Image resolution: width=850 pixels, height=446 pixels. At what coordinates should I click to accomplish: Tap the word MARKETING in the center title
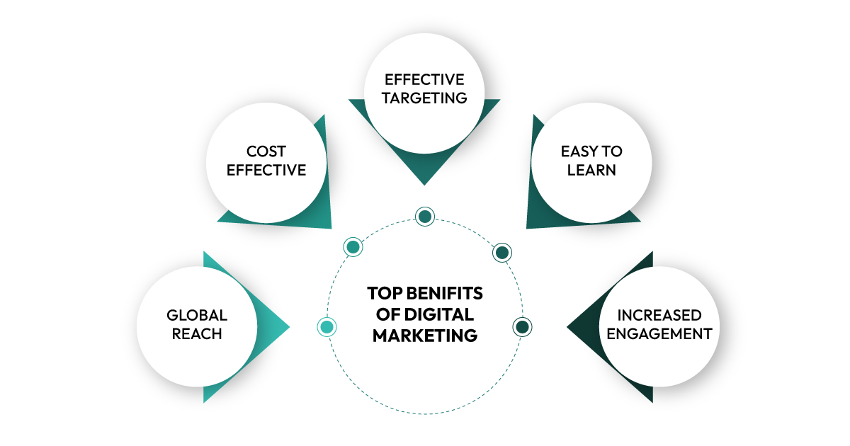pyautogui.click(x=425, y=335)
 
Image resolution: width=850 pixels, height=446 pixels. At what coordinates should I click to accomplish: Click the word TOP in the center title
pyautogui.click(x=383, y=293)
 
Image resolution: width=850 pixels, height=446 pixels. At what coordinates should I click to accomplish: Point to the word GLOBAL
pyautogui.click(x=197, y=315)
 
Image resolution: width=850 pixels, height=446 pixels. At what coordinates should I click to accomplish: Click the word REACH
pyautogui.click(x=197, y=333)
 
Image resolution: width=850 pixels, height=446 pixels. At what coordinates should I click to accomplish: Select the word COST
pyautogui.click(x=266, y=151)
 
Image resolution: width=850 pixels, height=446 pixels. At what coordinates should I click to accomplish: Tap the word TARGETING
pyautogui.click(x=425, y=98)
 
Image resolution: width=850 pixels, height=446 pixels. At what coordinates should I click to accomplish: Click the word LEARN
pyautogui.click(x=591, y=170)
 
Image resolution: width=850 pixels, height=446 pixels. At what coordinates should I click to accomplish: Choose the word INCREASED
pyautogui.click(x=659, y=315)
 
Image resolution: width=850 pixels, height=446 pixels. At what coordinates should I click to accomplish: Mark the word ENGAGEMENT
pyautogui.click(x=659, y=333)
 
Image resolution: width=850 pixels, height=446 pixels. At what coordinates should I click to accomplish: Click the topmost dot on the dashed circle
pyautogui.click(x=424, y=217)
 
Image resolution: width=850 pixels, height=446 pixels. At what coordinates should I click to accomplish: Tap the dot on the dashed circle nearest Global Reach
pyautogui.click(x=327, y=326)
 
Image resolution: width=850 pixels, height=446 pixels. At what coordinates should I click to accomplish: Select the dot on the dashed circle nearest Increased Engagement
pyautogui.click(x=523, y=326)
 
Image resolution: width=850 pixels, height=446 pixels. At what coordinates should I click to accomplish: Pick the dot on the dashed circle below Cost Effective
pyautogui.click(x=353, y=246)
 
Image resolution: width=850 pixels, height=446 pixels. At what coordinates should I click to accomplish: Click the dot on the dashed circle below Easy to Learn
pyautogui.click(x=502, y=252)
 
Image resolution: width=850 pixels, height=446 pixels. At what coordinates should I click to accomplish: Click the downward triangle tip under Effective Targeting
pyautogui.click(x=424, y=183)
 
